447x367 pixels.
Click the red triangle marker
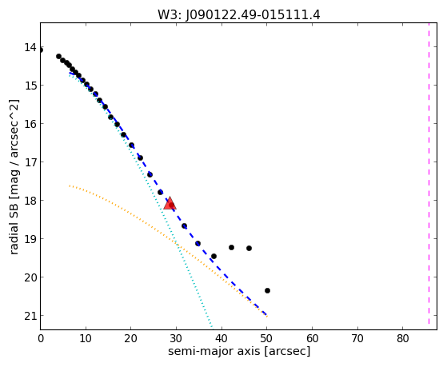pyautogui.click(x=170, y=203)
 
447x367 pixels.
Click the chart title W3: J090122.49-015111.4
pyautogui.click(x=239, y=14)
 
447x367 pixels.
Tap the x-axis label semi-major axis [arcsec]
pyautogui.click(x=239, y=351)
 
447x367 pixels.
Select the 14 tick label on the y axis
pyautogui.click(x=30, y=47)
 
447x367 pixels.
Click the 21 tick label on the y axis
pyautogui.click(x=30, y=316)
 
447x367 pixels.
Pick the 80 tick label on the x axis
pyautogui.click(x=402, y=339)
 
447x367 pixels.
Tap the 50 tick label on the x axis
pyautogui.click(x=266, y=339)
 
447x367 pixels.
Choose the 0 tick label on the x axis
pyautogui.click(x=41, y=339)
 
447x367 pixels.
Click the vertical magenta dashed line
pyautogui.click(x=429, y=174)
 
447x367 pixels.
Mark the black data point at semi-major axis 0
pyautogui.click(x=41, y=50)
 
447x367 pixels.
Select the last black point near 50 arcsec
pyautogui.click(x=267, y=290)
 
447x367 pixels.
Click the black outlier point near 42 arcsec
pyautogui.click(x=231, y=247)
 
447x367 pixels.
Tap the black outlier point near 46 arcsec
pyautogui.click(x=249, y=248)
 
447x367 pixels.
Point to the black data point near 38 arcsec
pyautogui.click(x=214, y=257)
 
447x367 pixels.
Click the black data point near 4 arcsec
pyautogui.click(x=58, y=56)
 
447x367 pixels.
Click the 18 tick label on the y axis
pyautogui.click(x=30, y=201)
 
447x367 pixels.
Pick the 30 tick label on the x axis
pyautogui.click(x=176, y=339)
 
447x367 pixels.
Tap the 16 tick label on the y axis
pyautogui.click(x=30, y=124)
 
